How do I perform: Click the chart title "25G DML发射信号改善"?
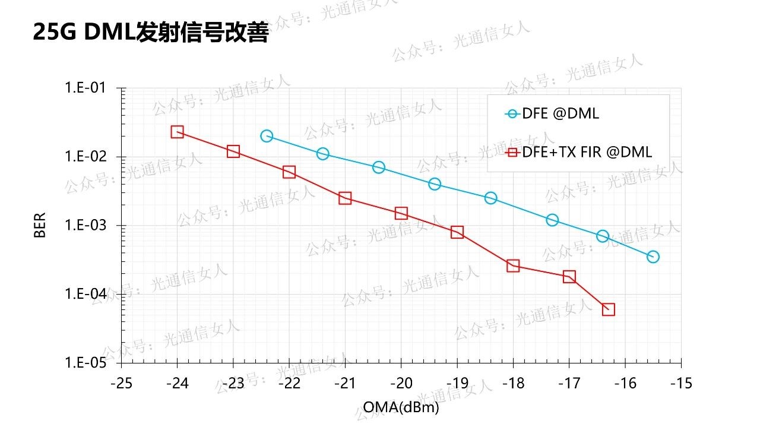click(x=151, y=33)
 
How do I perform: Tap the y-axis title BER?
click(x=40, y=225)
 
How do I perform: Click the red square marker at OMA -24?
click(x=177, y=132)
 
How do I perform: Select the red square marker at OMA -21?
click(x=345, y=198)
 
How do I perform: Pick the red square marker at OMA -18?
click(x=513, y=265)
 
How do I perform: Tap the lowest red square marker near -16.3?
click(x=608, y=309)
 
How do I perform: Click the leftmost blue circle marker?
click(x=267, y=136)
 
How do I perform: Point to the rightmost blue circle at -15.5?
click(x=653, y=257)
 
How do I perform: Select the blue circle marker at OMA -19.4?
click(x=435, y=184)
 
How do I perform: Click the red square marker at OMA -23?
click(x=233, y=151)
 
